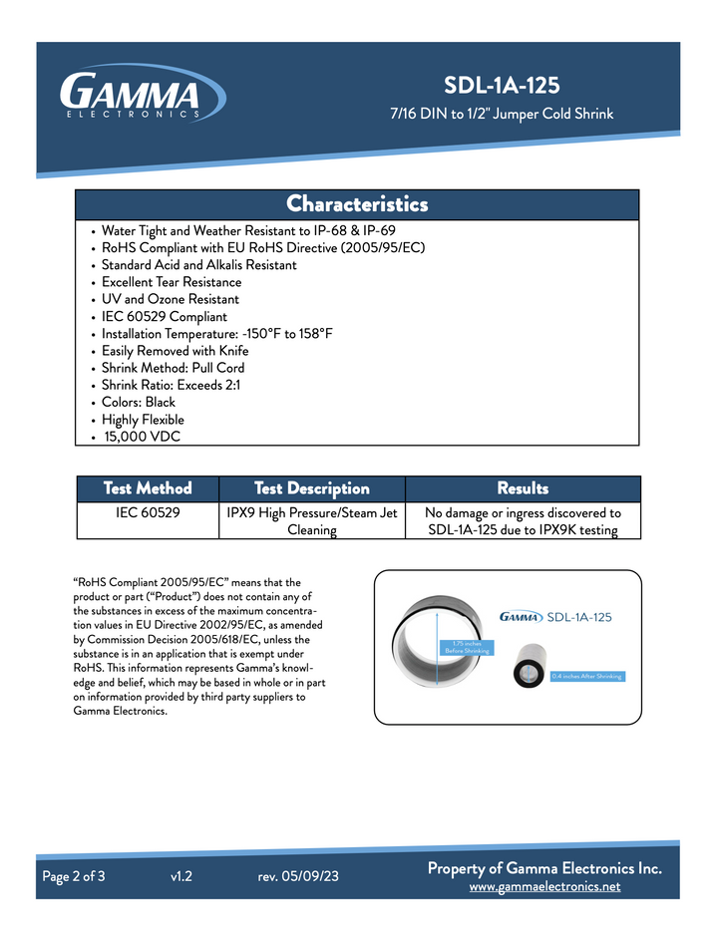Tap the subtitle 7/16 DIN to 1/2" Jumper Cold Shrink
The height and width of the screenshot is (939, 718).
click(x=501, y=114)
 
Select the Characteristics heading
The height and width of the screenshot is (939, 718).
click(x=357, y=204)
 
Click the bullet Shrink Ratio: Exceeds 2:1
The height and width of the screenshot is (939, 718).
click(x=171, y=385)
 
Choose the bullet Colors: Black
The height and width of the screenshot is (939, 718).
click(x=139, y=403)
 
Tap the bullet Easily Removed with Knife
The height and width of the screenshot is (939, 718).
click(x=176, y=351)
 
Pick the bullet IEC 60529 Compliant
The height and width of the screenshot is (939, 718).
click(x=165, y=316)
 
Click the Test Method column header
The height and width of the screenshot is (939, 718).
click(x=148, y=488)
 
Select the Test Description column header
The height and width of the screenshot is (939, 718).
click(x=311, y=488)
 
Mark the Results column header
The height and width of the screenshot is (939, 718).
click(x=523, y=488)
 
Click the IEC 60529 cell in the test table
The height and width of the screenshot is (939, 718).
click(x=148, y=513)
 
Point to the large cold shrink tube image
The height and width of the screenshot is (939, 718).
click(x=438, y=648)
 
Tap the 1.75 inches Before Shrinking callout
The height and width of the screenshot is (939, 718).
click(x=467, y=647)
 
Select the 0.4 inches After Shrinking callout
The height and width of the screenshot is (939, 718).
click(x=586, y=676)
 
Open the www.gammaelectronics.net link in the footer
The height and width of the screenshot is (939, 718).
click(x=544, y=886)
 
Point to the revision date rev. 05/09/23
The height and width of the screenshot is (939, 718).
click(x=298, y=877)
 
